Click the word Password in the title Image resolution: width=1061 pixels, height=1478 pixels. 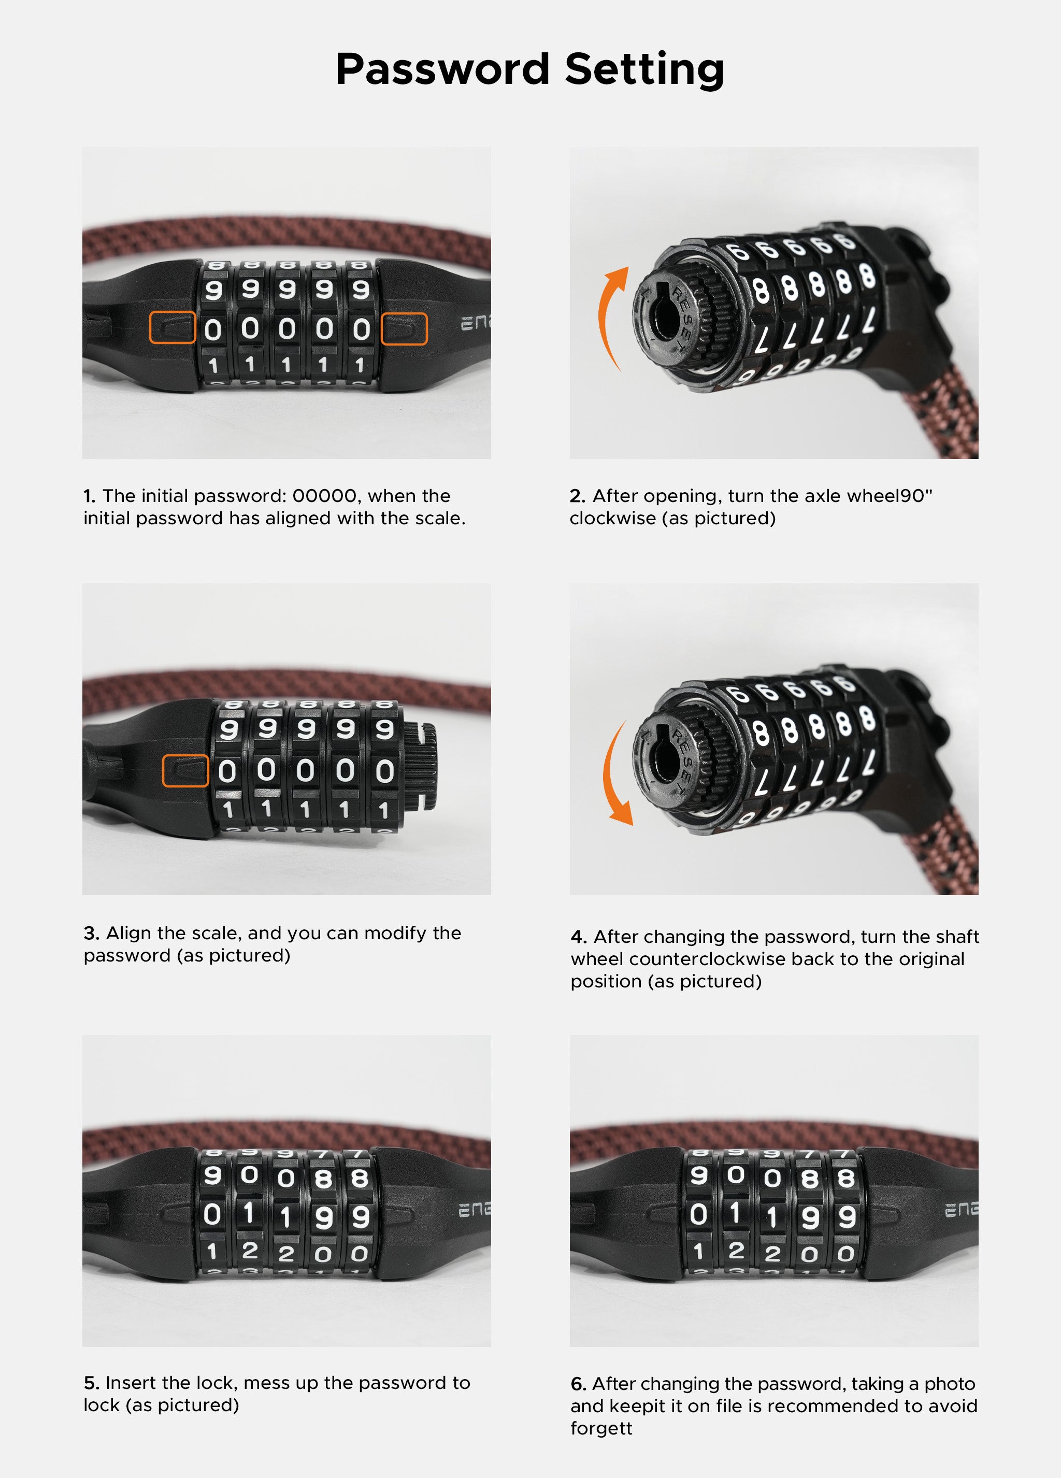[442, 69]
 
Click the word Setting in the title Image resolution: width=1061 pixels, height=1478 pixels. [644, 69]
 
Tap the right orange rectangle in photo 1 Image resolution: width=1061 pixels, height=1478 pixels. [404, 328]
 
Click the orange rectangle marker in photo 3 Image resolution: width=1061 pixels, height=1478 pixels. [185, 771]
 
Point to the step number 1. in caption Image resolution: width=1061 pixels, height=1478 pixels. [89, 497]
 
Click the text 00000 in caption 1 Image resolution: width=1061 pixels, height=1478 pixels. [324, 497]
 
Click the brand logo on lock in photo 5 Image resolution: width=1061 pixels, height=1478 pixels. [474, 1210]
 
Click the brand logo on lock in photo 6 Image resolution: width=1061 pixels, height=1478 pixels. [960, 1210]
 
